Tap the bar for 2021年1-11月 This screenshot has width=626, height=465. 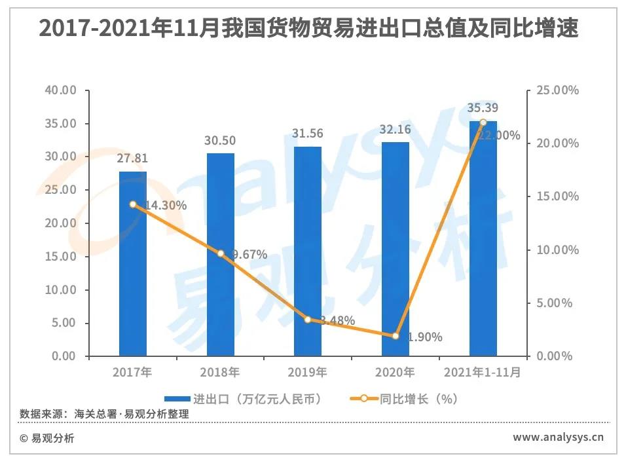pos(483,239)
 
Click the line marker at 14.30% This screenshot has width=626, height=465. pos(133,204)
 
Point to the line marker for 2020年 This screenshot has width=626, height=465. pos(396,336)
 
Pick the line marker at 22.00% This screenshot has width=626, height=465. pos(483,122)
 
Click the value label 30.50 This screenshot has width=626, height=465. pos(221,141)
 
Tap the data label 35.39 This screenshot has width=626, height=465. pos(483,108)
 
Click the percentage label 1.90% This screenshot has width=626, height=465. pos(424,337)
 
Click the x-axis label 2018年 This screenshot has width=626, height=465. pos(221,373)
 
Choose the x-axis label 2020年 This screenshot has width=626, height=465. pos(396,373)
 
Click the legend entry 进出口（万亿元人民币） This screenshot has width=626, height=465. pos(242,398)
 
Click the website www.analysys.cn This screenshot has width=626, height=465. pos(558,437)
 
